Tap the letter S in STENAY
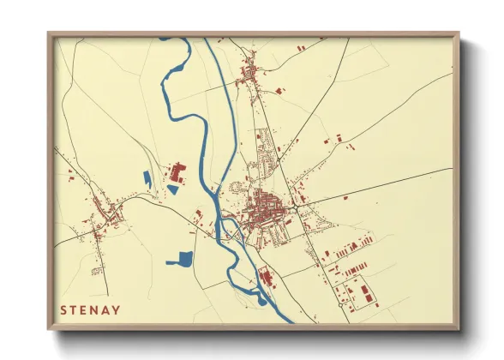pos(62,309)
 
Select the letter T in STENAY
pos(73,309)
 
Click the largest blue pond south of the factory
pos(183,258)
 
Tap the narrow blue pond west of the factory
pos(147,180)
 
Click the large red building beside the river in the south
pos(265,276)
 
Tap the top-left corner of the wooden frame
pos(50,35)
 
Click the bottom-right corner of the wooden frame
pos(458,328)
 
